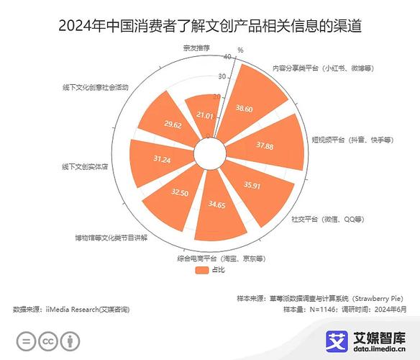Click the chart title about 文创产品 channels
click(210, 27)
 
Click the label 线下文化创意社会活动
click(96, 87)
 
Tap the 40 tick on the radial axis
click(228, 57)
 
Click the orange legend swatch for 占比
click(201, 270)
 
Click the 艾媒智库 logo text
click(378, 337)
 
